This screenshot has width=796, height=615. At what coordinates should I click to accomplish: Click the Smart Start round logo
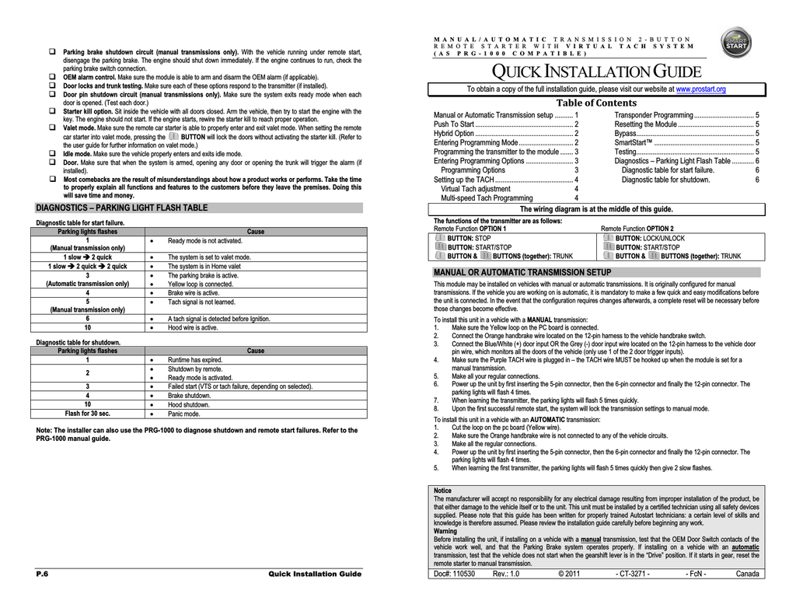pyautogui.click(x=735, y=44)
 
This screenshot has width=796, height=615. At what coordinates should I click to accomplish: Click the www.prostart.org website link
pyautogui.click(x=700, y=89)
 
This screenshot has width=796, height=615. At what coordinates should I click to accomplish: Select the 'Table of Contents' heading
pyautogui.click(x=596, y=103)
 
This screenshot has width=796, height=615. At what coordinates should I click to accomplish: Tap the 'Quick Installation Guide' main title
pyautogui.click(x=599, y=73)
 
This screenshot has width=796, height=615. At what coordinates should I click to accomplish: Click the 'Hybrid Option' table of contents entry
pyautogui.click(x=454, y=133)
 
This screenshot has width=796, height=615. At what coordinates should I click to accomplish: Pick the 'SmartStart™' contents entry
pyautogui.click(x=634, y=142)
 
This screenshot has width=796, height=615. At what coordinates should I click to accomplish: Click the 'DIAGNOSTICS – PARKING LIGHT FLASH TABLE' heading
pyautogui.click(x=122, y=208)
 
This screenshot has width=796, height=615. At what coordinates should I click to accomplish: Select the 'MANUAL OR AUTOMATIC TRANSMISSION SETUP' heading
pyautogui.click(x=522, y=272)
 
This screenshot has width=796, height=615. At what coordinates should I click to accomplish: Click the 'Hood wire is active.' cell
pyautogui.click(x=193, y=327)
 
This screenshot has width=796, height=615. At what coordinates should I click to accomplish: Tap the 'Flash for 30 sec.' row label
pyautogui.click(x=88, y=414)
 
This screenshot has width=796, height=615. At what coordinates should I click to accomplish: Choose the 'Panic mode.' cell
pyautogui.click(x=185, y=414)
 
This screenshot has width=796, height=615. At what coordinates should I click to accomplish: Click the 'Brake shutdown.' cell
pyautogui.click(x=190, y=396)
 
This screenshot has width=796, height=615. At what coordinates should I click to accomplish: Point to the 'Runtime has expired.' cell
pyautogui.click(x=195, y=360)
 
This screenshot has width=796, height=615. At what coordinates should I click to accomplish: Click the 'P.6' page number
pyautogui.click(x=43, y=574)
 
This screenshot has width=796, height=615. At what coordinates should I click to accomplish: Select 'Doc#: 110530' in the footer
pyautogui.click(x=454, y=574)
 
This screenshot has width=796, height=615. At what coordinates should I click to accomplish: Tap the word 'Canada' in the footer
pyautogui.click(x=747, y=574)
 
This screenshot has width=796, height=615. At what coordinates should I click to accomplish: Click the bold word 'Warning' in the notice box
pyautogui.click(x=445, y=531)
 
